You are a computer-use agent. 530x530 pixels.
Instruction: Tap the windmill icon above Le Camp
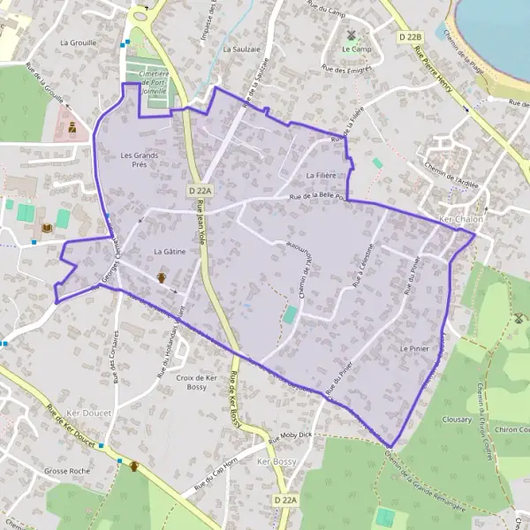[x=351, y=35]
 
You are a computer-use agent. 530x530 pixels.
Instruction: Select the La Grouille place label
[x=77, y=42]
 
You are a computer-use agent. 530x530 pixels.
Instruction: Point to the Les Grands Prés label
[x=139, y=159]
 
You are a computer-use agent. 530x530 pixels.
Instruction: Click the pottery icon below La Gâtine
[x=162, y=278]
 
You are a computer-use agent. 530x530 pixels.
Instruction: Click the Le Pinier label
[x=413, y=349]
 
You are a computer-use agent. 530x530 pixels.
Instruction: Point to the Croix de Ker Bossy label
[x=197, y=382]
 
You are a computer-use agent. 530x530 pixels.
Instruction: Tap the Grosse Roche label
[x=67, y=471]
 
